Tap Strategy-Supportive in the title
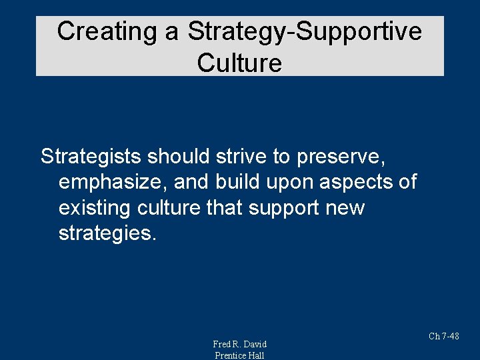pos(304,31)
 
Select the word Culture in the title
pos(239,63)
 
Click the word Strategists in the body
pos(91,157)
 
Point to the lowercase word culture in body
pos(167,208)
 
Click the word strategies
pos(107,234)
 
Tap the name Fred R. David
pos(239,344)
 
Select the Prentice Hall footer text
pos(239,355)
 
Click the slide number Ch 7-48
pos(443,337)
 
